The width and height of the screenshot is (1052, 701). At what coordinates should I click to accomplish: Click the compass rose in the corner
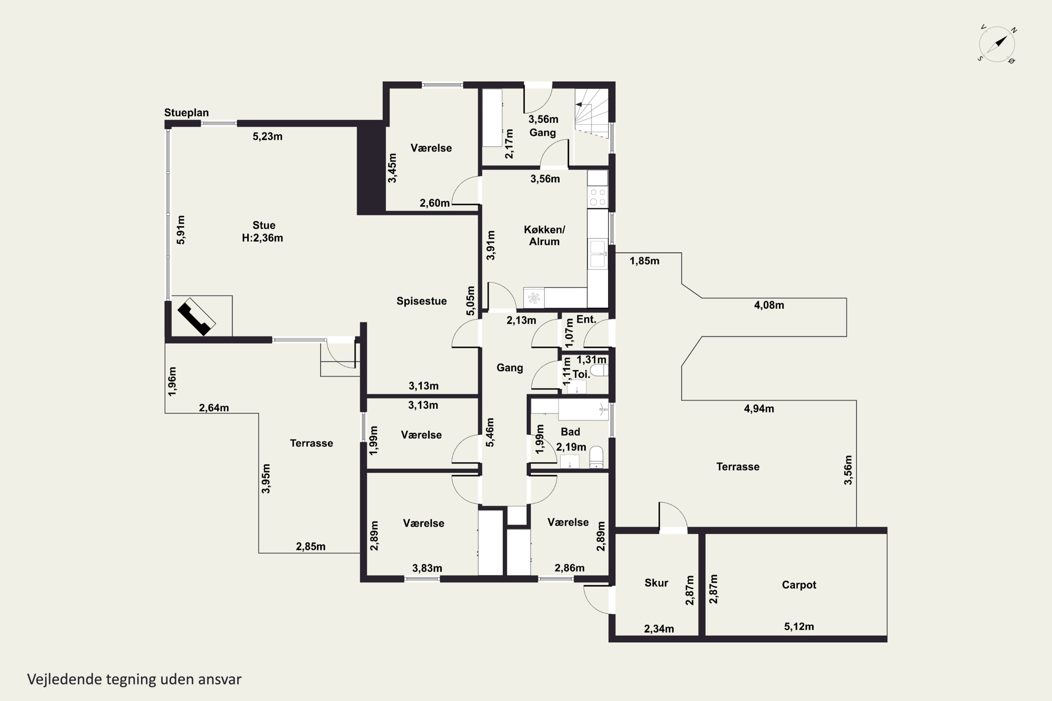997,44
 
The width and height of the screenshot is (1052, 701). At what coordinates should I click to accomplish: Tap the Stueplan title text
186,113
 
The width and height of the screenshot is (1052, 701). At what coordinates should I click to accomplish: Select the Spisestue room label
422,301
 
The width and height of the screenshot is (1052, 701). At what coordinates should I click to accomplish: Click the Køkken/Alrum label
544,236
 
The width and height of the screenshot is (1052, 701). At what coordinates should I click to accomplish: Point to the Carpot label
799,585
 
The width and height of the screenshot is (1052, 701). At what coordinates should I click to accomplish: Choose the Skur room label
656,583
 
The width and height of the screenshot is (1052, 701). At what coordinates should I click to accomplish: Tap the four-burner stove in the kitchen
598,197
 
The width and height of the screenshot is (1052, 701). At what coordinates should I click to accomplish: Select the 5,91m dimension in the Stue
181,230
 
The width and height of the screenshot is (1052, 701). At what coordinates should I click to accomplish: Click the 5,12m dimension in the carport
799,626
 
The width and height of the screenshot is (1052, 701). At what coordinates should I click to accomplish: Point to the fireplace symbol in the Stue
197,317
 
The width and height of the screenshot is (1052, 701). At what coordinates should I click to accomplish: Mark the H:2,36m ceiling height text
263,238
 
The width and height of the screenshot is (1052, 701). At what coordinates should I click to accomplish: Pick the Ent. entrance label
586,319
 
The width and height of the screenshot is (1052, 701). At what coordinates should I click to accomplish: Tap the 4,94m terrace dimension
759,409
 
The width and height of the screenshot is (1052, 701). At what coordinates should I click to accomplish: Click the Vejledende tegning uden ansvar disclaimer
134,679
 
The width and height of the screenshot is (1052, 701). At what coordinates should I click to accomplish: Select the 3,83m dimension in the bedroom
427,568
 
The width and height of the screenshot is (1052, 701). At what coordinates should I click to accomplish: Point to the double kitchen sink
598,254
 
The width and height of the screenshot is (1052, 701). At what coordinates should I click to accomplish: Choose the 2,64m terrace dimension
214,408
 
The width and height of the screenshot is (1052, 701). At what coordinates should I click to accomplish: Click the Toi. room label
581,374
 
